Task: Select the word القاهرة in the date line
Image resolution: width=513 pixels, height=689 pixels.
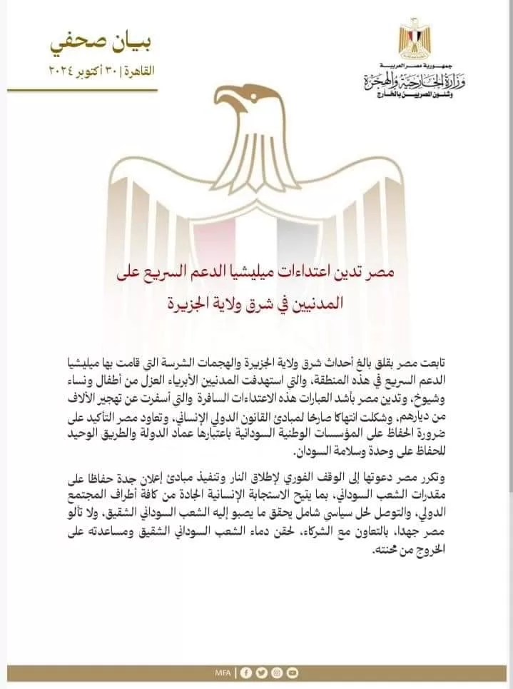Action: pyautogui.click(x=137, y=71)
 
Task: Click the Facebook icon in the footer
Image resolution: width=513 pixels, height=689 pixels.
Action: pyautogui.click(x=246, y=671)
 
